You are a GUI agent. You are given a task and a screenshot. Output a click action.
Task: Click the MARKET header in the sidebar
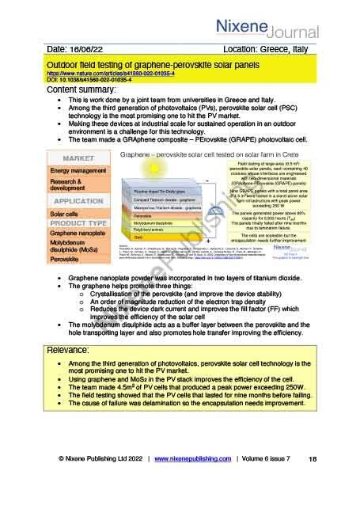tap(78, 158)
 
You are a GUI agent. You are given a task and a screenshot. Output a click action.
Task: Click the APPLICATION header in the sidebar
tap(78, 201)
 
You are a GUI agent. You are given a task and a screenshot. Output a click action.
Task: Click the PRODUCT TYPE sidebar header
tap(78, 222)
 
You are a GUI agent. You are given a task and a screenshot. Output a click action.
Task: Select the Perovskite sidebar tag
tap(66, 259)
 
